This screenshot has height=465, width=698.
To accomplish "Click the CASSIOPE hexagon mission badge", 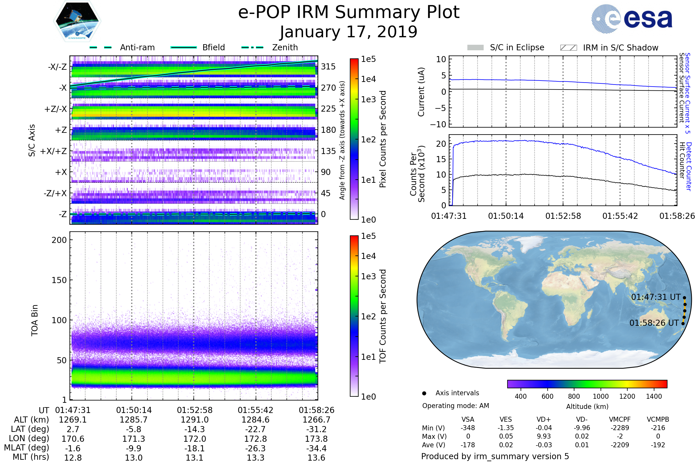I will tap(77, 21).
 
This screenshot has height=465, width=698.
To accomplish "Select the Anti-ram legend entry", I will tap(137, 47).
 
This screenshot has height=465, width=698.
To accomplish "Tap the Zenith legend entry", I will tap(285, 47).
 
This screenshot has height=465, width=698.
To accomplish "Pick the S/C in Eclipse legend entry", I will tap(517, 47).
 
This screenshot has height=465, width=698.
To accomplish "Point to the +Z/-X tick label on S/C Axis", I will tap(56, 109).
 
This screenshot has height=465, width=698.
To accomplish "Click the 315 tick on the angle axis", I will tap(328, 67).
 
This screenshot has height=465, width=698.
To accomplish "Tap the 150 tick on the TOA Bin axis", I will tap(59, 280).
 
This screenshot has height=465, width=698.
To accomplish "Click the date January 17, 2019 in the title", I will tap(349, 32).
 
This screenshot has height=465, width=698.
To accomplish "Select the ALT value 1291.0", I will tap(195, 420).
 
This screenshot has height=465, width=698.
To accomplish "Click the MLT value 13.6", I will tap(316, 457).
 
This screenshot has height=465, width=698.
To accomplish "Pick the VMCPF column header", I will tap(620, 419).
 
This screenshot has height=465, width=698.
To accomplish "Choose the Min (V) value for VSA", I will tap(468, 428).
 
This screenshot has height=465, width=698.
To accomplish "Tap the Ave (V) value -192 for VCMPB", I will tap(658, 445).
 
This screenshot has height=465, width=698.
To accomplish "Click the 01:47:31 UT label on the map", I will tap(656, 297).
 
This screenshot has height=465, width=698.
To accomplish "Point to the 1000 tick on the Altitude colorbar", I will tap(601, 396).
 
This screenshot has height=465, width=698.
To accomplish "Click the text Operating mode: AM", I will tap(455, 406).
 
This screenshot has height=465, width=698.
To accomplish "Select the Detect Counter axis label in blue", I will tap(689, 166).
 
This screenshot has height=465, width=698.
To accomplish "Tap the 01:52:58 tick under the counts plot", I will tap(563, 216).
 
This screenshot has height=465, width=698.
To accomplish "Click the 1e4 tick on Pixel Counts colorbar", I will tap(368, 79).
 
